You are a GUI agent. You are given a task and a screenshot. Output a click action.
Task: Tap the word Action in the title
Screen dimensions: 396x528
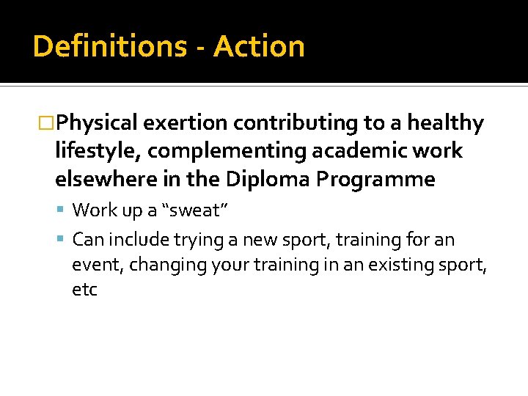click(x=260, y=47)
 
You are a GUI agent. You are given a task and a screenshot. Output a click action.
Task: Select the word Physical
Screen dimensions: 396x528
click(x=98, y=123)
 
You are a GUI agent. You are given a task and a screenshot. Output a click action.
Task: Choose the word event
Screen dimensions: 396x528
click(x=98, y=265)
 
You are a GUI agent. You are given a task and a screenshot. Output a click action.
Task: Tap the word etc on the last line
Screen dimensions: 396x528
click(x=84, y=290)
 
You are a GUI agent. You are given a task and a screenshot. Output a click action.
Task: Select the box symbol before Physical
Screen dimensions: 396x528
click(x=48, y=123)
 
